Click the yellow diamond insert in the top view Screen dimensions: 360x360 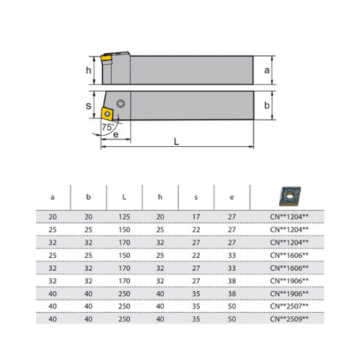click(x=107, y=112)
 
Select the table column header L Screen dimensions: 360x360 click(x=123, y=197)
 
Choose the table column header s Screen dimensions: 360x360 click(x=195, y=197)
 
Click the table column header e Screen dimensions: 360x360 click(x=231, y=197)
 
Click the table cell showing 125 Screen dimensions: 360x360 click(x=123, y=217)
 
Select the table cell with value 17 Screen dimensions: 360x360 click(x=195, y=217)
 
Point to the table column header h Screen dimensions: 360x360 click(x=159, y=197)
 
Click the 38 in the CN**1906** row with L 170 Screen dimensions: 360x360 click(x=231, y=280)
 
